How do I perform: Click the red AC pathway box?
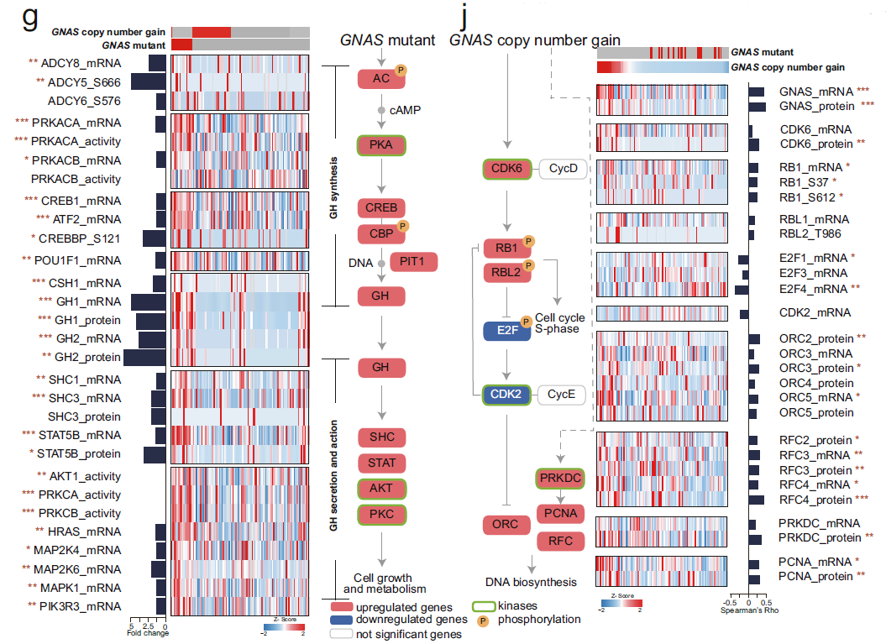tap(380, 79)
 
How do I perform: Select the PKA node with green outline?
tap(381, 144)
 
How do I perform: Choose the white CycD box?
tap(562, 169)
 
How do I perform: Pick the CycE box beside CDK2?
tap(562, 393)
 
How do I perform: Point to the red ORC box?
tap(506, 525)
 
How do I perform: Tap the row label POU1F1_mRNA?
tap(80, 259)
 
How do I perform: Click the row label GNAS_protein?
tap(815, 106)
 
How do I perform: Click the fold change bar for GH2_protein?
tap(144, 357)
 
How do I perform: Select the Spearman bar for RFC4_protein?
tap(757, 499)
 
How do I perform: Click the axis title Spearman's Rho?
tap(749, 610)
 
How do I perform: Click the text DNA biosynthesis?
tap(531, 581)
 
